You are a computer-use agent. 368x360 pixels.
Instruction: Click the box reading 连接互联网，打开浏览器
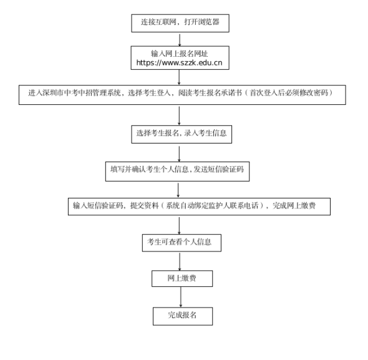(180, 23)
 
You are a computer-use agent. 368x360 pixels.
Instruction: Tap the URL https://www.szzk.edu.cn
(179, 62)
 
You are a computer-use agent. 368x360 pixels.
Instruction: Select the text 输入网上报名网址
(179, 54)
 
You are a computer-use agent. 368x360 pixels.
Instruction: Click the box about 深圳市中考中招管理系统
(182, 95)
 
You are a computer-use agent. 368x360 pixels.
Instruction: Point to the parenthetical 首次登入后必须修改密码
(291, 93)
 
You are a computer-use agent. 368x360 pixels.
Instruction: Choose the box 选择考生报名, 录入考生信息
(182, 134)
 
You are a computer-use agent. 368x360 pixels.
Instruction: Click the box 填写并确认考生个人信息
(177, 172)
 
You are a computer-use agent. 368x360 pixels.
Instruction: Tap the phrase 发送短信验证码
(218, 169)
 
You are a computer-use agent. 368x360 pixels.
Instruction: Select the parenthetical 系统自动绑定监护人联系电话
(212, 206)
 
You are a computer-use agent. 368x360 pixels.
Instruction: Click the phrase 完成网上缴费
(294, 206)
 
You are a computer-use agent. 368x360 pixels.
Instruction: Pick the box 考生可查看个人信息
(182, 243)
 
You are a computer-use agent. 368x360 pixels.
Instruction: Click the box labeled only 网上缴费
(182, 278)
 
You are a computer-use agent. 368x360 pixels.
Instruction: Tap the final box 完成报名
(183, 316)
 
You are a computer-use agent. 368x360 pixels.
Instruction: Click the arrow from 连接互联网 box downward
(180, 40)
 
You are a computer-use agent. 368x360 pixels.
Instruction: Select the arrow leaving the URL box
(179, 77)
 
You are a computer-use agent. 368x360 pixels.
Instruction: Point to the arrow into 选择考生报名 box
(179, 116)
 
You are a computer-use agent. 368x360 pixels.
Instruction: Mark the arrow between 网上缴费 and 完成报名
(181, 297)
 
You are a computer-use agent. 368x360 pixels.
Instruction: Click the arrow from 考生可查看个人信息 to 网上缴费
(180, 261)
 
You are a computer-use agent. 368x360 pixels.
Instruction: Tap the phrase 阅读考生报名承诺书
(210, 93)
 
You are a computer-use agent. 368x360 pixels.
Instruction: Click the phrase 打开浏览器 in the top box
(201, 22)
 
